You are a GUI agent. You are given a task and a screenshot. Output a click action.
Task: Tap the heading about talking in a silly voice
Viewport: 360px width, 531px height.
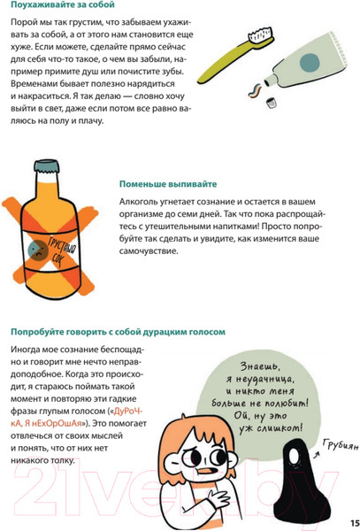tap(117, 332)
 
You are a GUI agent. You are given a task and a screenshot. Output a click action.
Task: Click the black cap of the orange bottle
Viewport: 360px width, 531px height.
tap(45, 165)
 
